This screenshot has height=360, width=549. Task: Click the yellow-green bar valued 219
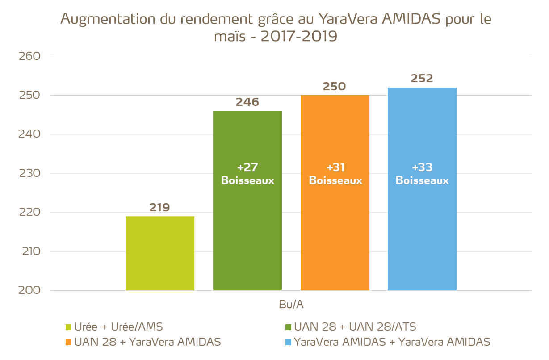point(160,253)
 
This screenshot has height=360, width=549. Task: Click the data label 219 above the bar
point(160,207)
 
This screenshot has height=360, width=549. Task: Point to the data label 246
point(247,102)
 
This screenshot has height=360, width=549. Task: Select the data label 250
point(335,86)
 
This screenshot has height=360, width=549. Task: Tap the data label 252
point(422,78)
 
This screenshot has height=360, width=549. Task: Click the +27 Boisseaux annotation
point(247,174)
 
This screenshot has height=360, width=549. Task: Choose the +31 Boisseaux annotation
point(335,174)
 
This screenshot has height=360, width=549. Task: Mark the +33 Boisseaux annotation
point(422,174)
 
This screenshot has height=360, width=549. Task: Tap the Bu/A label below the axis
point(291,305)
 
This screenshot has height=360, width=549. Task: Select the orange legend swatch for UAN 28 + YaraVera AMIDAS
point(69,343)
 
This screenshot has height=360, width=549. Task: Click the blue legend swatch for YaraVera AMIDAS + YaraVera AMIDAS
point(289,343)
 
